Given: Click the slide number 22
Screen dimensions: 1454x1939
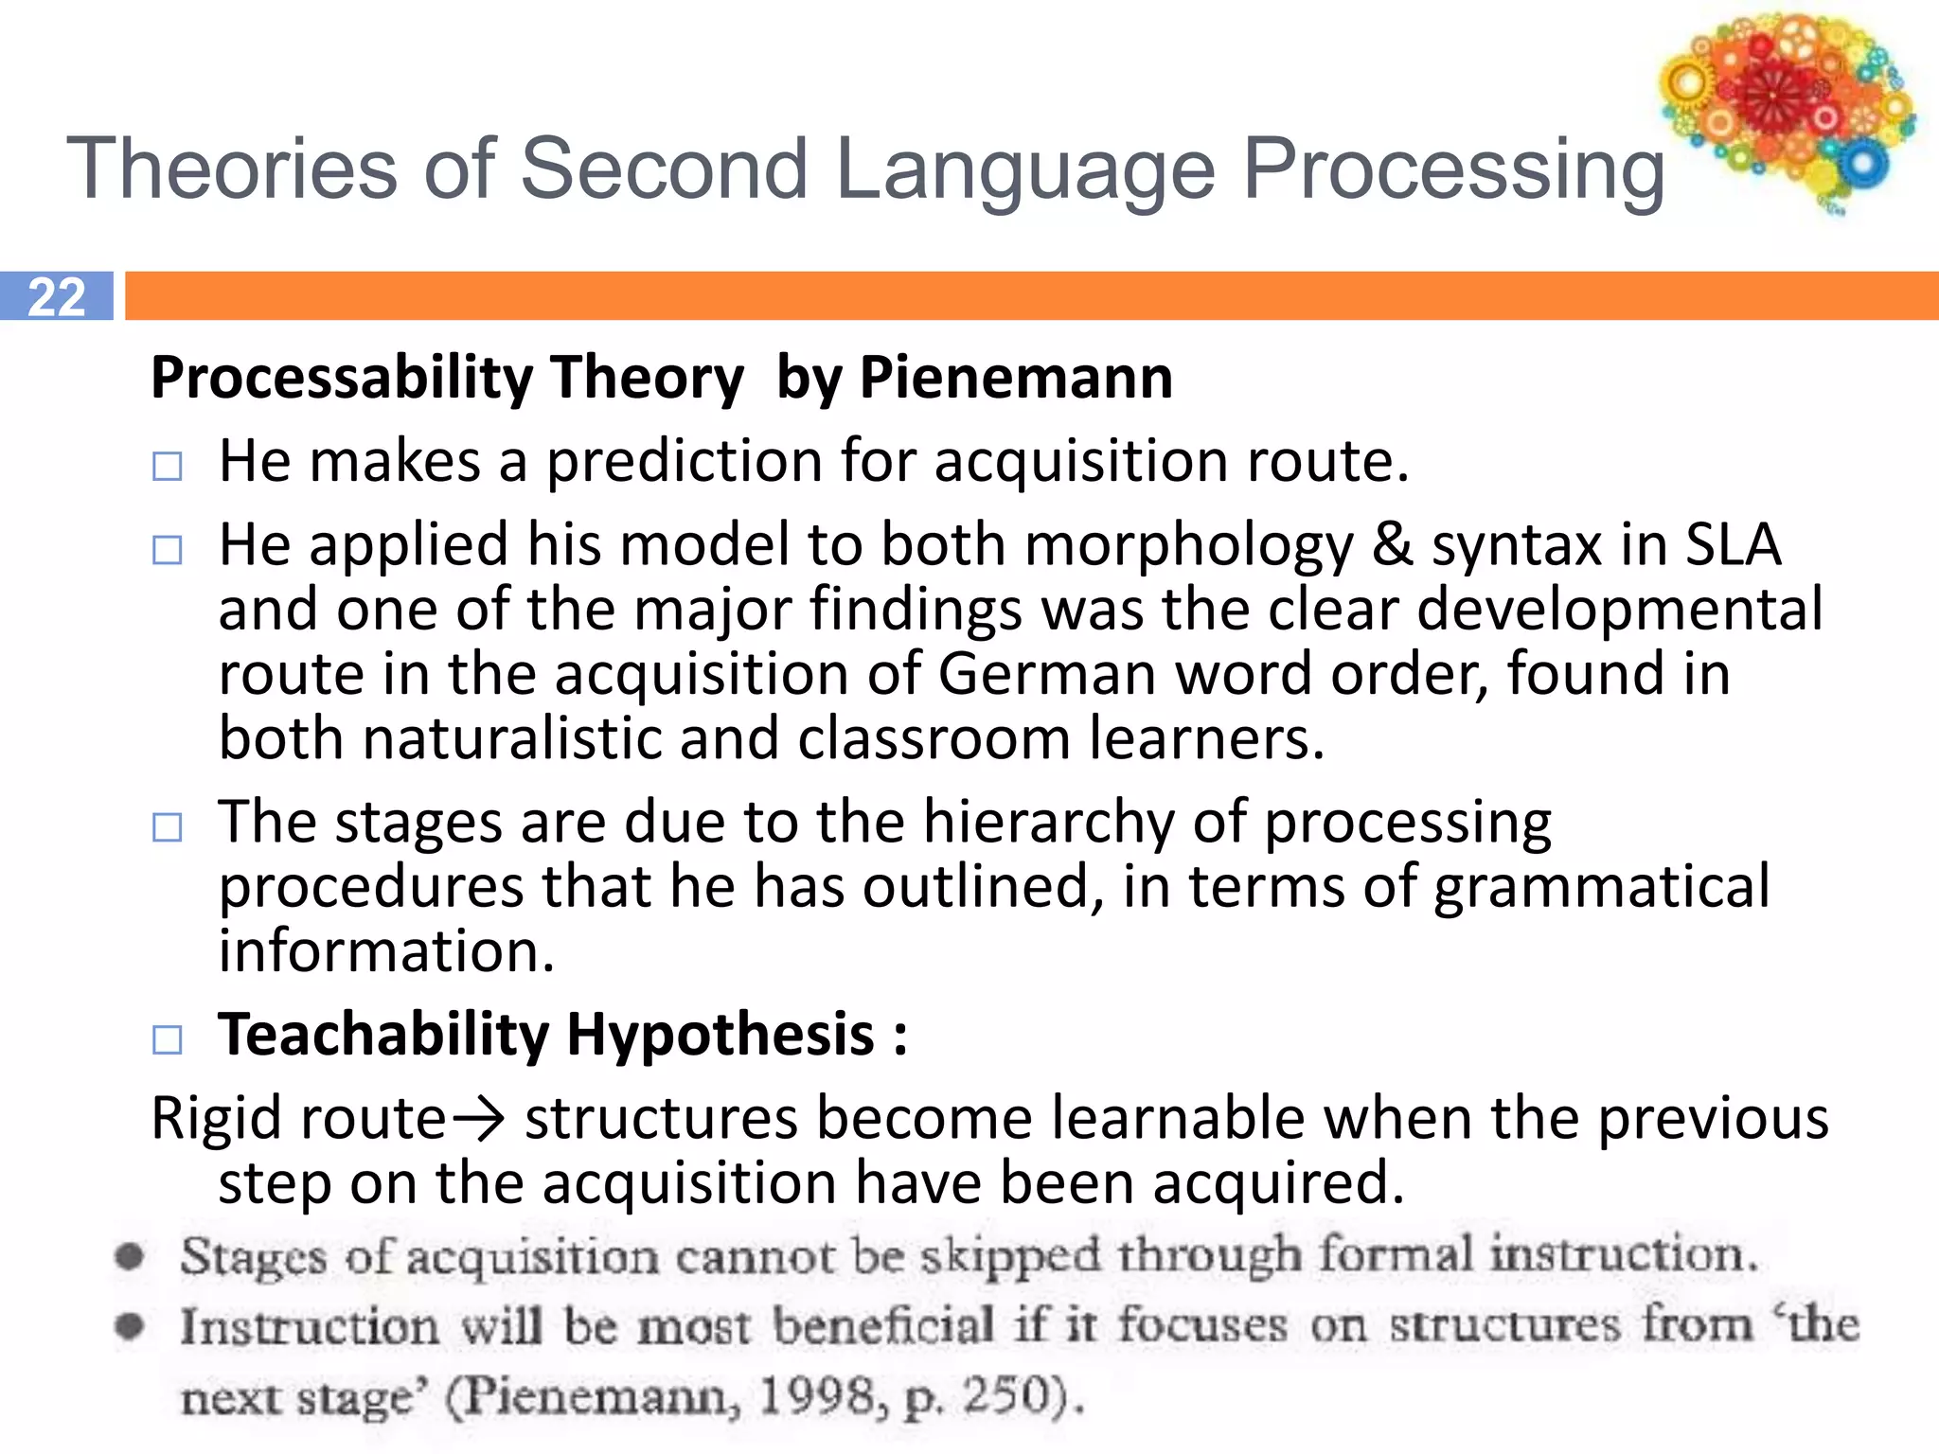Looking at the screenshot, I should tap(57, 296).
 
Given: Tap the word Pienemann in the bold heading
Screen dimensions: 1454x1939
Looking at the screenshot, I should tap(1016, 378).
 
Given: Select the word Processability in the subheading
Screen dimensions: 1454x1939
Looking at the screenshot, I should tap(341, 378).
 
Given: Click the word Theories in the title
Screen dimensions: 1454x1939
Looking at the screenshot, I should tap(232, 168).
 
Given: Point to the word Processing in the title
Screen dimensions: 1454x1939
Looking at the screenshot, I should tap(1452, 170).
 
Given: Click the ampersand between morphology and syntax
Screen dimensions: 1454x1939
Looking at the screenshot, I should tap(1392, 545).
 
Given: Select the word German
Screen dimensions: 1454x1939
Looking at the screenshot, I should tap(1047, 674).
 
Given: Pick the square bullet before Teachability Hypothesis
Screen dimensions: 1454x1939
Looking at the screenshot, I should tap(168, 1039).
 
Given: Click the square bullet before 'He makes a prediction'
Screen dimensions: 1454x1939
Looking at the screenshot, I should tap(168, 466).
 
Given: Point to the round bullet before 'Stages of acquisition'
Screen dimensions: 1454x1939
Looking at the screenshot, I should tap(130, 1257).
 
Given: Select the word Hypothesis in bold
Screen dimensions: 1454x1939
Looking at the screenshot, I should tap(720, 1034).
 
